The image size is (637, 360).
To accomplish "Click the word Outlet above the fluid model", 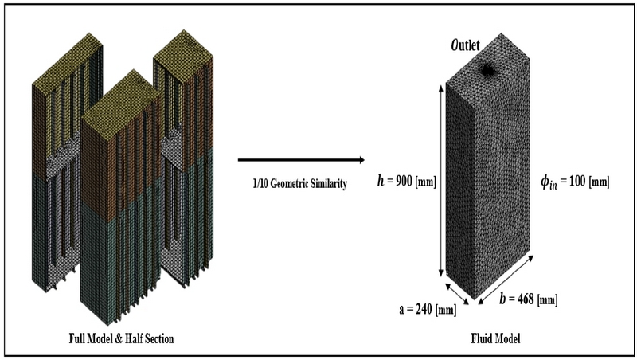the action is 465,45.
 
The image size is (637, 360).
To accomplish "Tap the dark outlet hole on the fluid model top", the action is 487,70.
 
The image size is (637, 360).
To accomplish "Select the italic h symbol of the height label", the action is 381,180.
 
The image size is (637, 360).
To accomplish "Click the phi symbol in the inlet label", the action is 545,182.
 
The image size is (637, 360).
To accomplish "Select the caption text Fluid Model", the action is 495,338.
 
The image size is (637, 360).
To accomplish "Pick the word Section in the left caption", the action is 157,338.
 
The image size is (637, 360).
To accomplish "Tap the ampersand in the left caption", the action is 119,338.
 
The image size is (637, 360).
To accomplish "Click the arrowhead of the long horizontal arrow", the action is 361,160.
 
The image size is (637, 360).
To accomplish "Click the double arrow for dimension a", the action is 457,293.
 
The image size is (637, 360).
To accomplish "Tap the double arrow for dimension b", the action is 506,279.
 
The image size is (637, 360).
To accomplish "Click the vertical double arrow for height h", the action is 442,181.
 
